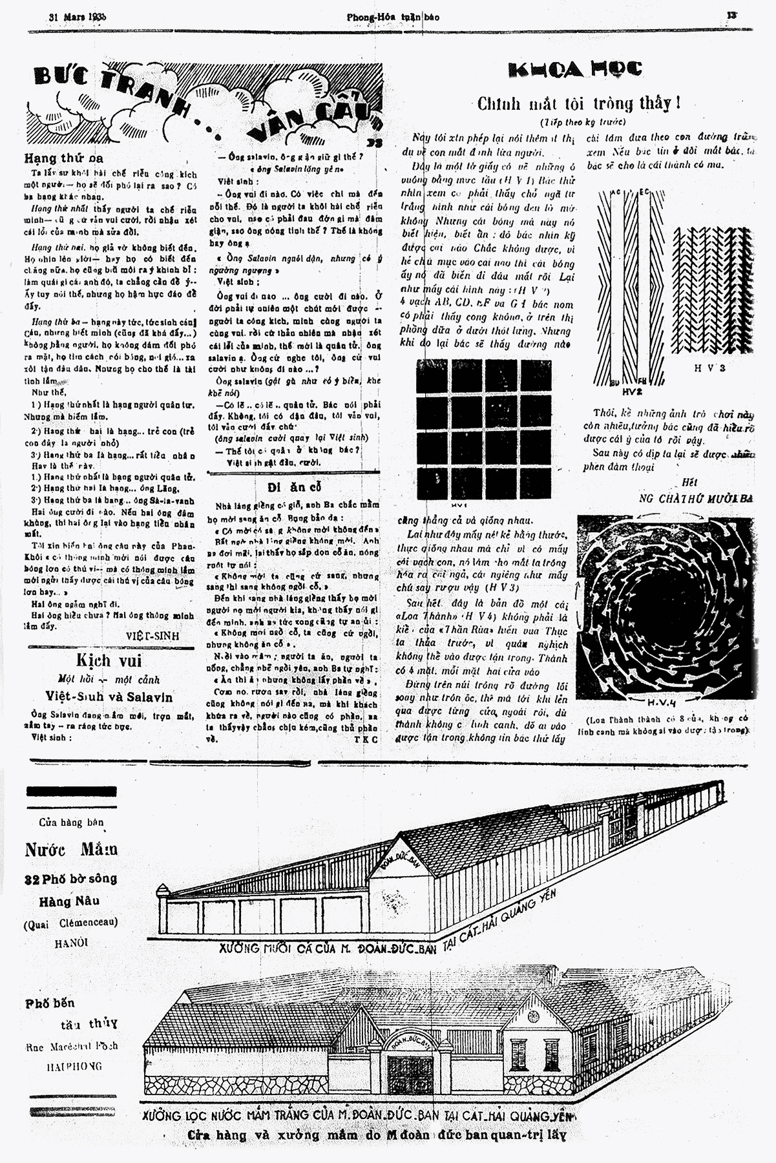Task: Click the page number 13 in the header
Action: click(x=731, y=15)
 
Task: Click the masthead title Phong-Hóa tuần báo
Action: click(x=392, y=17)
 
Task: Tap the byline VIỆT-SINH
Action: click(x=152, y=635)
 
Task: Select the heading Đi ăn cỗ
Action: click(x=295, y=486)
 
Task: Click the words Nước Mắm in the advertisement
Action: click(x=71, y=849)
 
